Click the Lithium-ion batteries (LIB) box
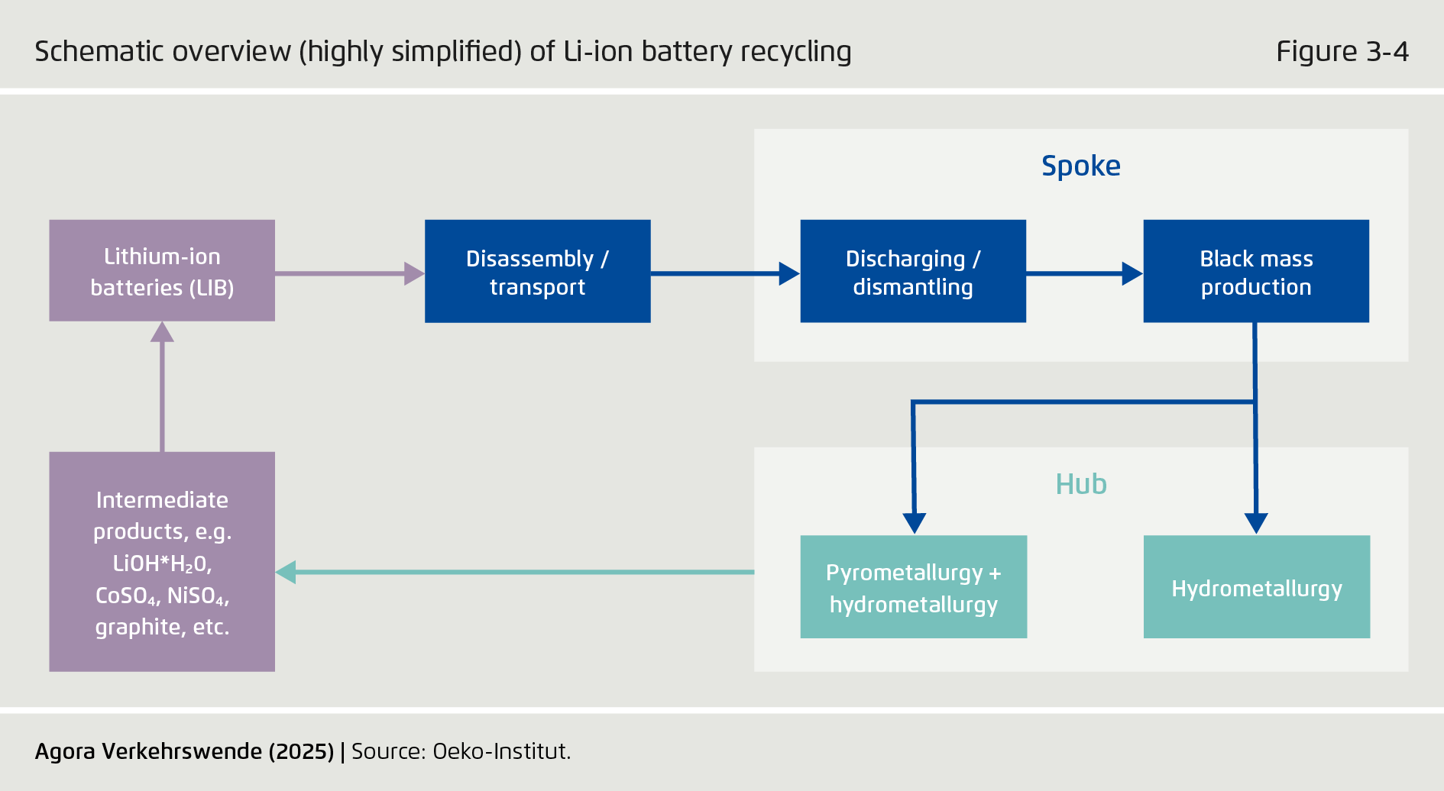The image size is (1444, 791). [162, 271]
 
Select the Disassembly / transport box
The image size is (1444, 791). [537, 272]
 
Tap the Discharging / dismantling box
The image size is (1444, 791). [912, 272]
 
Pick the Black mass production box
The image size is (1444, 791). [1255, 272]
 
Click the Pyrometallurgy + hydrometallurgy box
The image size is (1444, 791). [913, 587]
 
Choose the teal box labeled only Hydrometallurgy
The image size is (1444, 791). [1256, 587]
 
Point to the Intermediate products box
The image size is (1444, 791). [162, 562]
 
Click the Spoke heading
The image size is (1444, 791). [1080, 166]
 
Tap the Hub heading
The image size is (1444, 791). [1080, 484]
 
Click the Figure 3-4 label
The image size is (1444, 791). [1342, 51]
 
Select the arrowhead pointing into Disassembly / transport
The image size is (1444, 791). [413, 273]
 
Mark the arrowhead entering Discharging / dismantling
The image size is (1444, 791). [788, 273]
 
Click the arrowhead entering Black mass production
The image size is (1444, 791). [1132, 273]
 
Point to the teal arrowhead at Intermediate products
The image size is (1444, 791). [286, 572]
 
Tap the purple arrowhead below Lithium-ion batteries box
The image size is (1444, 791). [162, 331]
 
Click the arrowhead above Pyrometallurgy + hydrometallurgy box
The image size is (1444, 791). [914, 523]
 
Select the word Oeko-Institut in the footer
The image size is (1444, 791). [500, 751]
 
